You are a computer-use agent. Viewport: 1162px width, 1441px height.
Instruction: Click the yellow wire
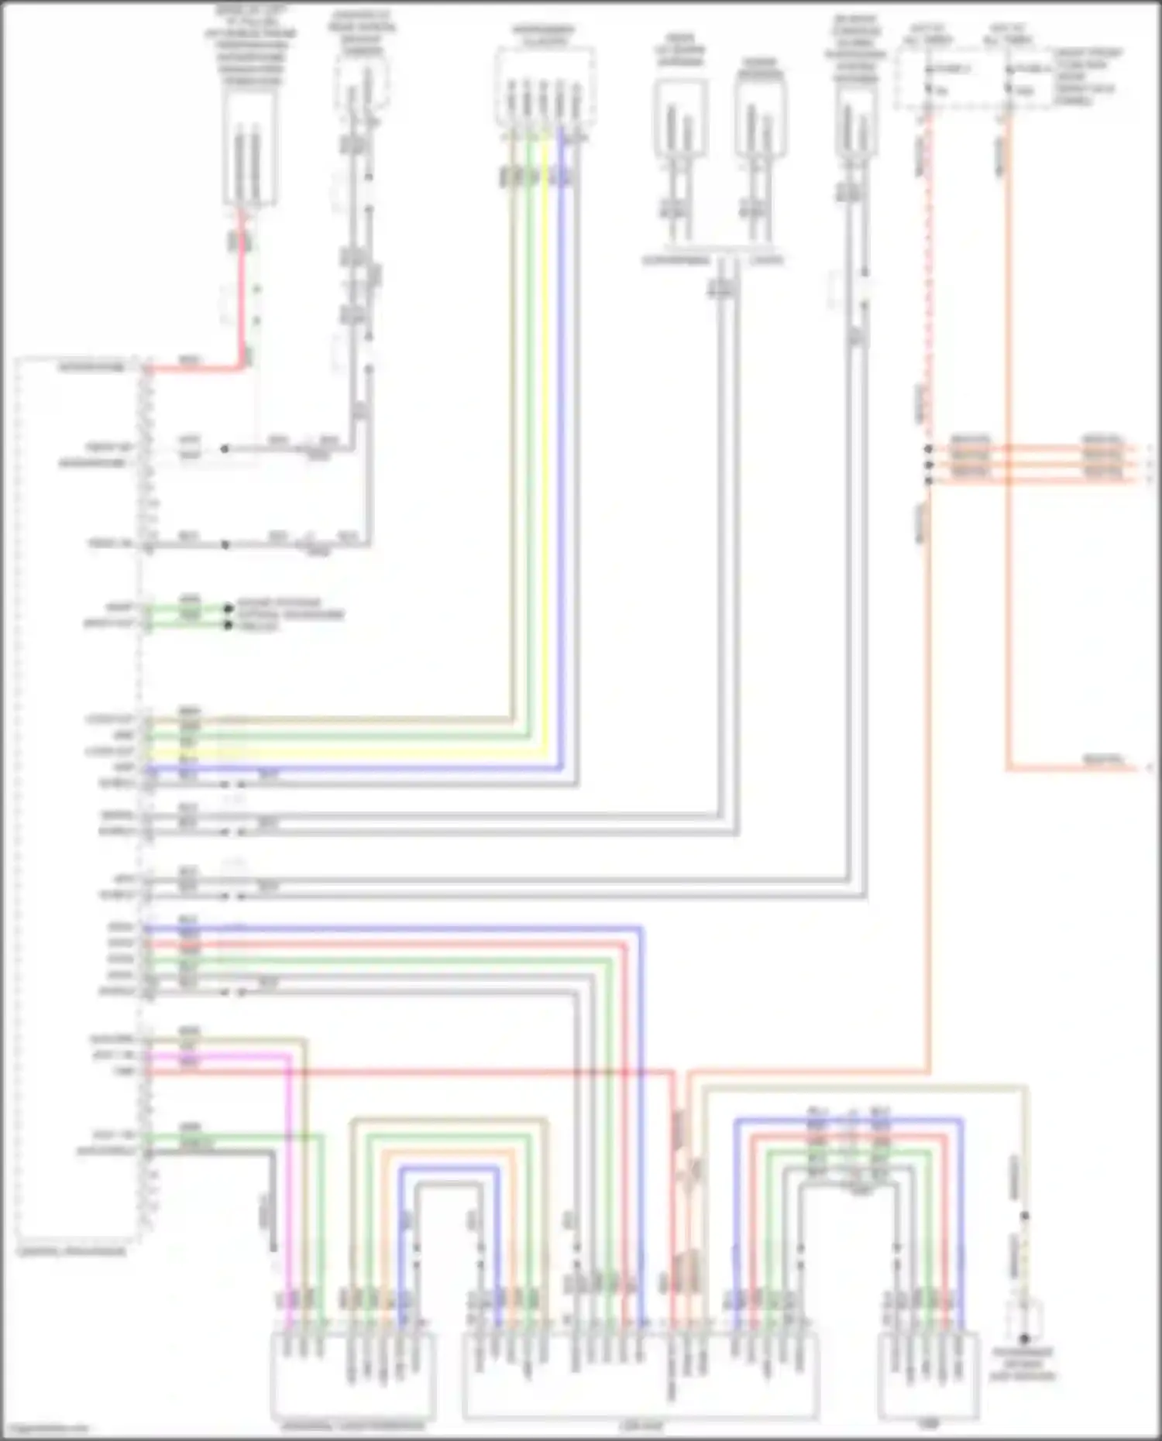point(545,465)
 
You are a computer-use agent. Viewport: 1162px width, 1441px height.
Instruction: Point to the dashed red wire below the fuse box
point(927,310)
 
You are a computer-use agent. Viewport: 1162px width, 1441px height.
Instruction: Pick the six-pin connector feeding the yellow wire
point(545,85)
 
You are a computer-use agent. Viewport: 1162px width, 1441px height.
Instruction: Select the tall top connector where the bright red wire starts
point(249,147)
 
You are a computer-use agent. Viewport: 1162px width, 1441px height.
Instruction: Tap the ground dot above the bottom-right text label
point(1023,1338)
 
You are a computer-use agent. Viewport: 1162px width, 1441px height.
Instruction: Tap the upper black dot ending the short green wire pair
point(229,609)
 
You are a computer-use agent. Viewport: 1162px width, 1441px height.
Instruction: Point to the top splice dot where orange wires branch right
point(928,448)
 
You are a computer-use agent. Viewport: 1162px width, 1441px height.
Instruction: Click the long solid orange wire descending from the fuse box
point(1009,465)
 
